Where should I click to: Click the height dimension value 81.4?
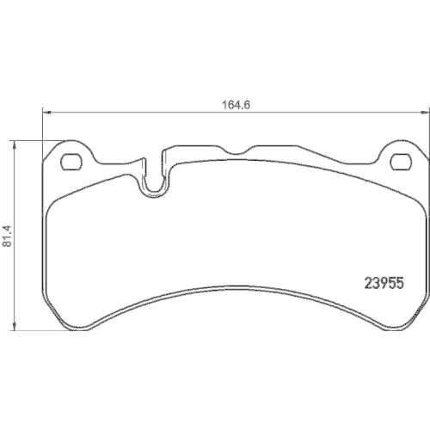(x=7, y=235)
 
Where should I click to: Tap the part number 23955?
(x=379, y=280)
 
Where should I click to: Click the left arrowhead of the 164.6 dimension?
(x=46, y=111)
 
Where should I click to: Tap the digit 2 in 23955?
(x=361, y=280)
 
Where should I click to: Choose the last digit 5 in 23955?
(x=398, y=280)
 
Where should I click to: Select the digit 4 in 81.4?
(x=7, y=225)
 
